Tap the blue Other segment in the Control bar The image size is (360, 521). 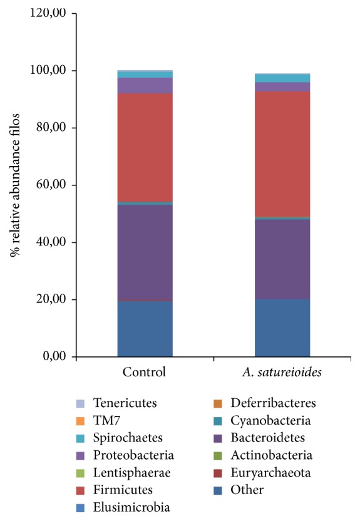pos(145,329)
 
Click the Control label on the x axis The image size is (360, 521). pos(145,372)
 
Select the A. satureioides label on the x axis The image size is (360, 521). pos(282,372)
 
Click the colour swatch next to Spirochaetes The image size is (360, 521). pos(80,438)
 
